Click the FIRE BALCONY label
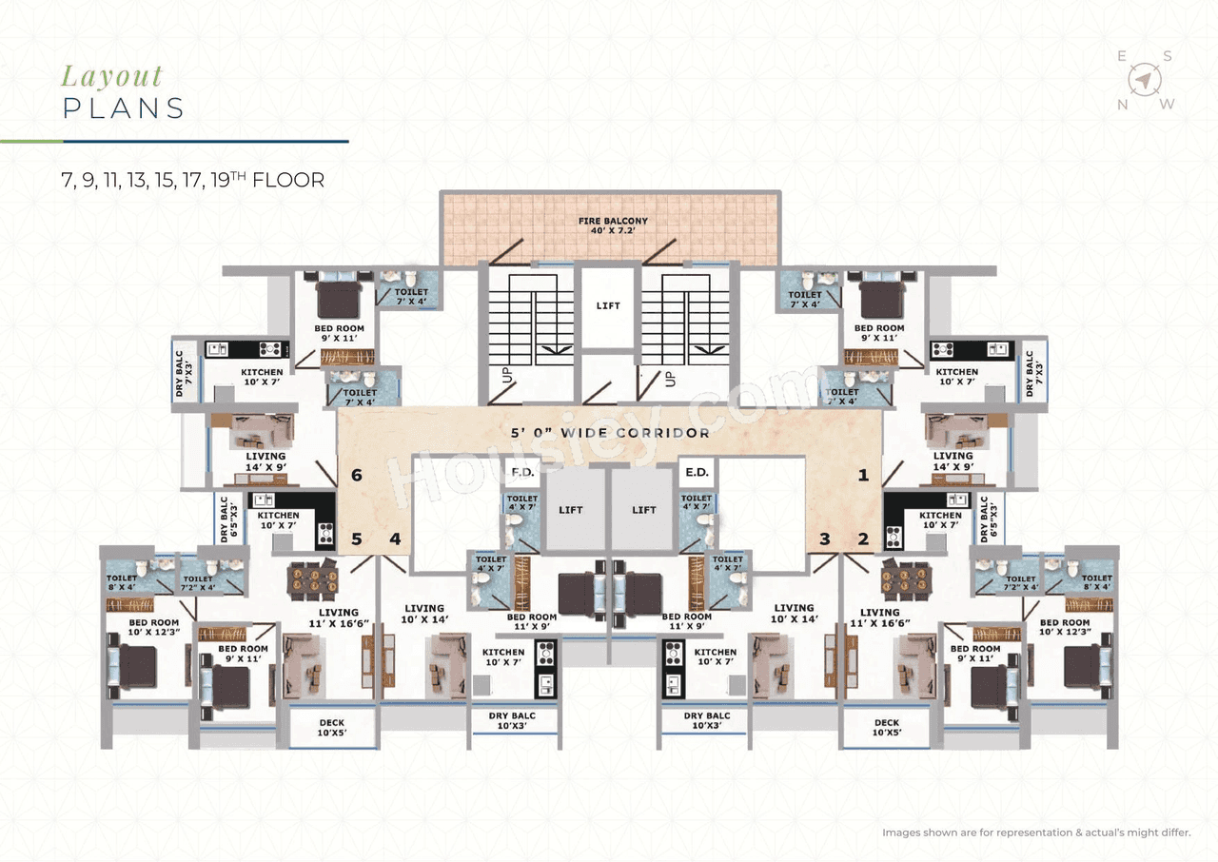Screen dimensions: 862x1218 tap(613, 221)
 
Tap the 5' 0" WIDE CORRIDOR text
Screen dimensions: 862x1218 tap(608, 433)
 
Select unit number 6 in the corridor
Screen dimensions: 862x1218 tap(357, 475)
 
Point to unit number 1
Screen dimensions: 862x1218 tap(864, 475)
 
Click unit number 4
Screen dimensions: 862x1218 tap(394, 539)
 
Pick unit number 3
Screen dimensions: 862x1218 tap(825, 539)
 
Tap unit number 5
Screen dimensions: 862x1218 tap(356, 539)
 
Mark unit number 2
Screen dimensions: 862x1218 tap(863, 539)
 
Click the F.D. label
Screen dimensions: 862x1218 tap(521, 472)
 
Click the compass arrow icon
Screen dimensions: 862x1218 tap(1146, 80)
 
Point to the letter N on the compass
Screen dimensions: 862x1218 tap(1123, 105)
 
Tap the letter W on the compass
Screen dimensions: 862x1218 tap(1168, 105)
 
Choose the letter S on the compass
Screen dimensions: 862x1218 tap(1167, 56)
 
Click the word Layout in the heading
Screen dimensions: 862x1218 tap(112, 76)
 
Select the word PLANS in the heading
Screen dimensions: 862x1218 tap(124, 108)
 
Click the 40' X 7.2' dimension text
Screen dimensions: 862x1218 tap(613, 232)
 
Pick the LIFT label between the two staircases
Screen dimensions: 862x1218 tap(608, 305)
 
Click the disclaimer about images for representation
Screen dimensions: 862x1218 tap(1036, 833)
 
